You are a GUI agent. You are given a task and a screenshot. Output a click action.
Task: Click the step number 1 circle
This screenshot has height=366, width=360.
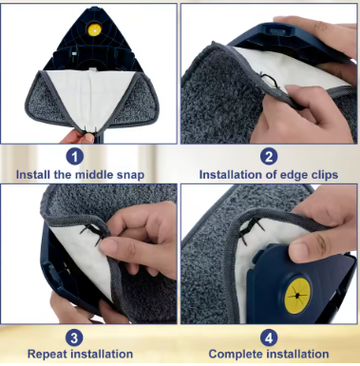(x=75, y=157)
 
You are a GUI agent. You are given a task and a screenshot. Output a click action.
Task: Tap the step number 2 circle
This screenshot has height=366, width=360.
(x=269, y=157)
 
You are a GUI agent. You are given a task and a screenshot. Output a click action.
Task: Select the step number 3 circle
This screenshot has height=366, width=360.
(x=74, y=337)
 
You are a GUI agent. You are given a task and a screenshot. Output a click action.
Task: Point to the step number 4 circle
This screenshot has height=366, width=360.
(x=269, y=337)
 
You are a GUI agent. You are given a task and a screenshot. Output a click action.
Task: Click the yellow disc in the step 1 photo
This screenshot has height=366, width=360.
(x=94, y=30)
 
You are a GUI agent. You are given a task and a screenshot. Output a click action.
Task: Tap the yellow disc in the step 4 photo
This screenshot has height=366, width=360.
(x=297, y=296)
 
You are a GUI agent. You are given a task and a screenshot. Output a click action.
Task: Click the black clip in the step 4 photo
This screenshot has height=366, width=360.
(x=252, y=230)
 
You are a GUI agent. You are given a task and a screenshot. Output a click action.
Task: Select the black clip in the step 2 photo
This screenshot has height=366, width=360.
(x=270, y=81)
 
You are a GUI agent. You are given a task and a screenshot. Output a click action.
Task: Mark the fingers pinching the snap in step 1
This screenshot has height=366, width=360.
(x=79, y=136)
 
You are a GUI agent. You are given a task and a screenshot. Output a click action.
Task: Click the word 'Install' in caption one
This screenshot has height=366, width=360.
(x=32, y=174)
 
